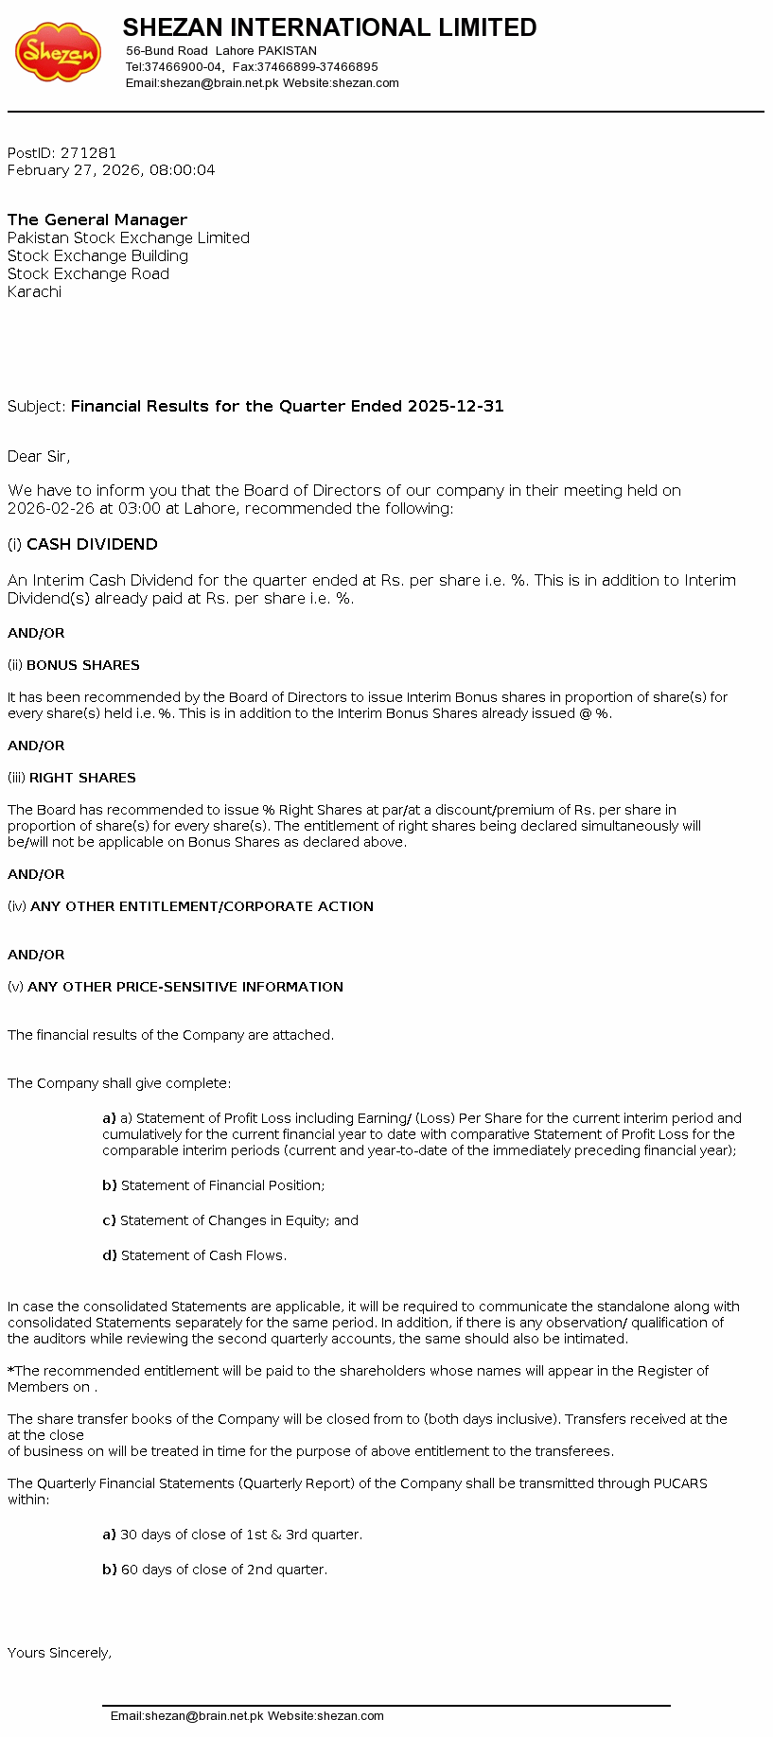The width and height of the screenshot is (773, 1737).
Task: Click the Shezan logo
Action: click(x=58, y=52)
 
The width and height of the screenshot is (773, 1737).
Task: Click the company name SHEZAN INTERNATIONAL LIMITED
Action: click(x=329, y=27)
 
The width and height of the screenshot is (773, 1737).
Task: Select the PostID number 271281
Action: click(x=89, y=152)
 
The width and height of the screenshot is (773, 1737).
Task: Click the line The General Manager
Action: click(x=97, y=219)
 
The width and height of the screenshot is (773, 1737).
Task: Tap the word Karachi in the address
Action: click(x=34, y=291)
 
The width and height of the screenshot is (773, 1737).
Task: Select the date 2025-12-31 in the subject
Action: click(x=455, y=406)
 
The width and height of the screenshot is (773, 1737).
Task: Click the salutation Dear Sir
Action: click(x=38, y=456)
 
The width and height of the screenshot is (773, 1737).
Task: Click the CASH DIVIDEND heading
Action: click(x=92, y=544)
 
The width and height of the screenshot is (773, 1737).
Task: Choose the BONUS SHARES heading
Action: click(x=82, y=665)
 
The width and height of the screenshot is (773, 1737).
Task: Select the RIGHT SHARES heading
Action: click(x=82, y=778)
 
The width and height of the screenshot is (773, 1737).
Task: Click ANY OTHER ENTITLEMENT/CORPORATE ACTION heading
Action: click(x=202, y=906)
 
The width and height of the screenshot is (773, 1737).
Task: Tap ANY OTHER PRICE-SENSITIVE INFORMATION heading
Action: click(x=185, y=987)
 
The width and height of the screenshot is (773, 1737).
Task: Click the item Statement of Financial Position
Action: click(x=222, y=1185)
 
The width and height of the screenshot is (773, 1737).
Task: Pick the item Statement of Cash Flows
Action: click(x=203, y=1255)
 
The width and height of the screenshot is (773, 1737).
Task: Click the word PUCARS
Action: click(x=680, y=1483)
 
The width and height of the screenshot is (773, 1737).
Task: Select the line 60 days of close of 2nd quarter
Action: click(x=223, y=1570)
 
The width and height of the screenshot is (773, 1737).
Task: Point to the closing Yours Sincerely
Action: click(x=60, y=1653)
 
